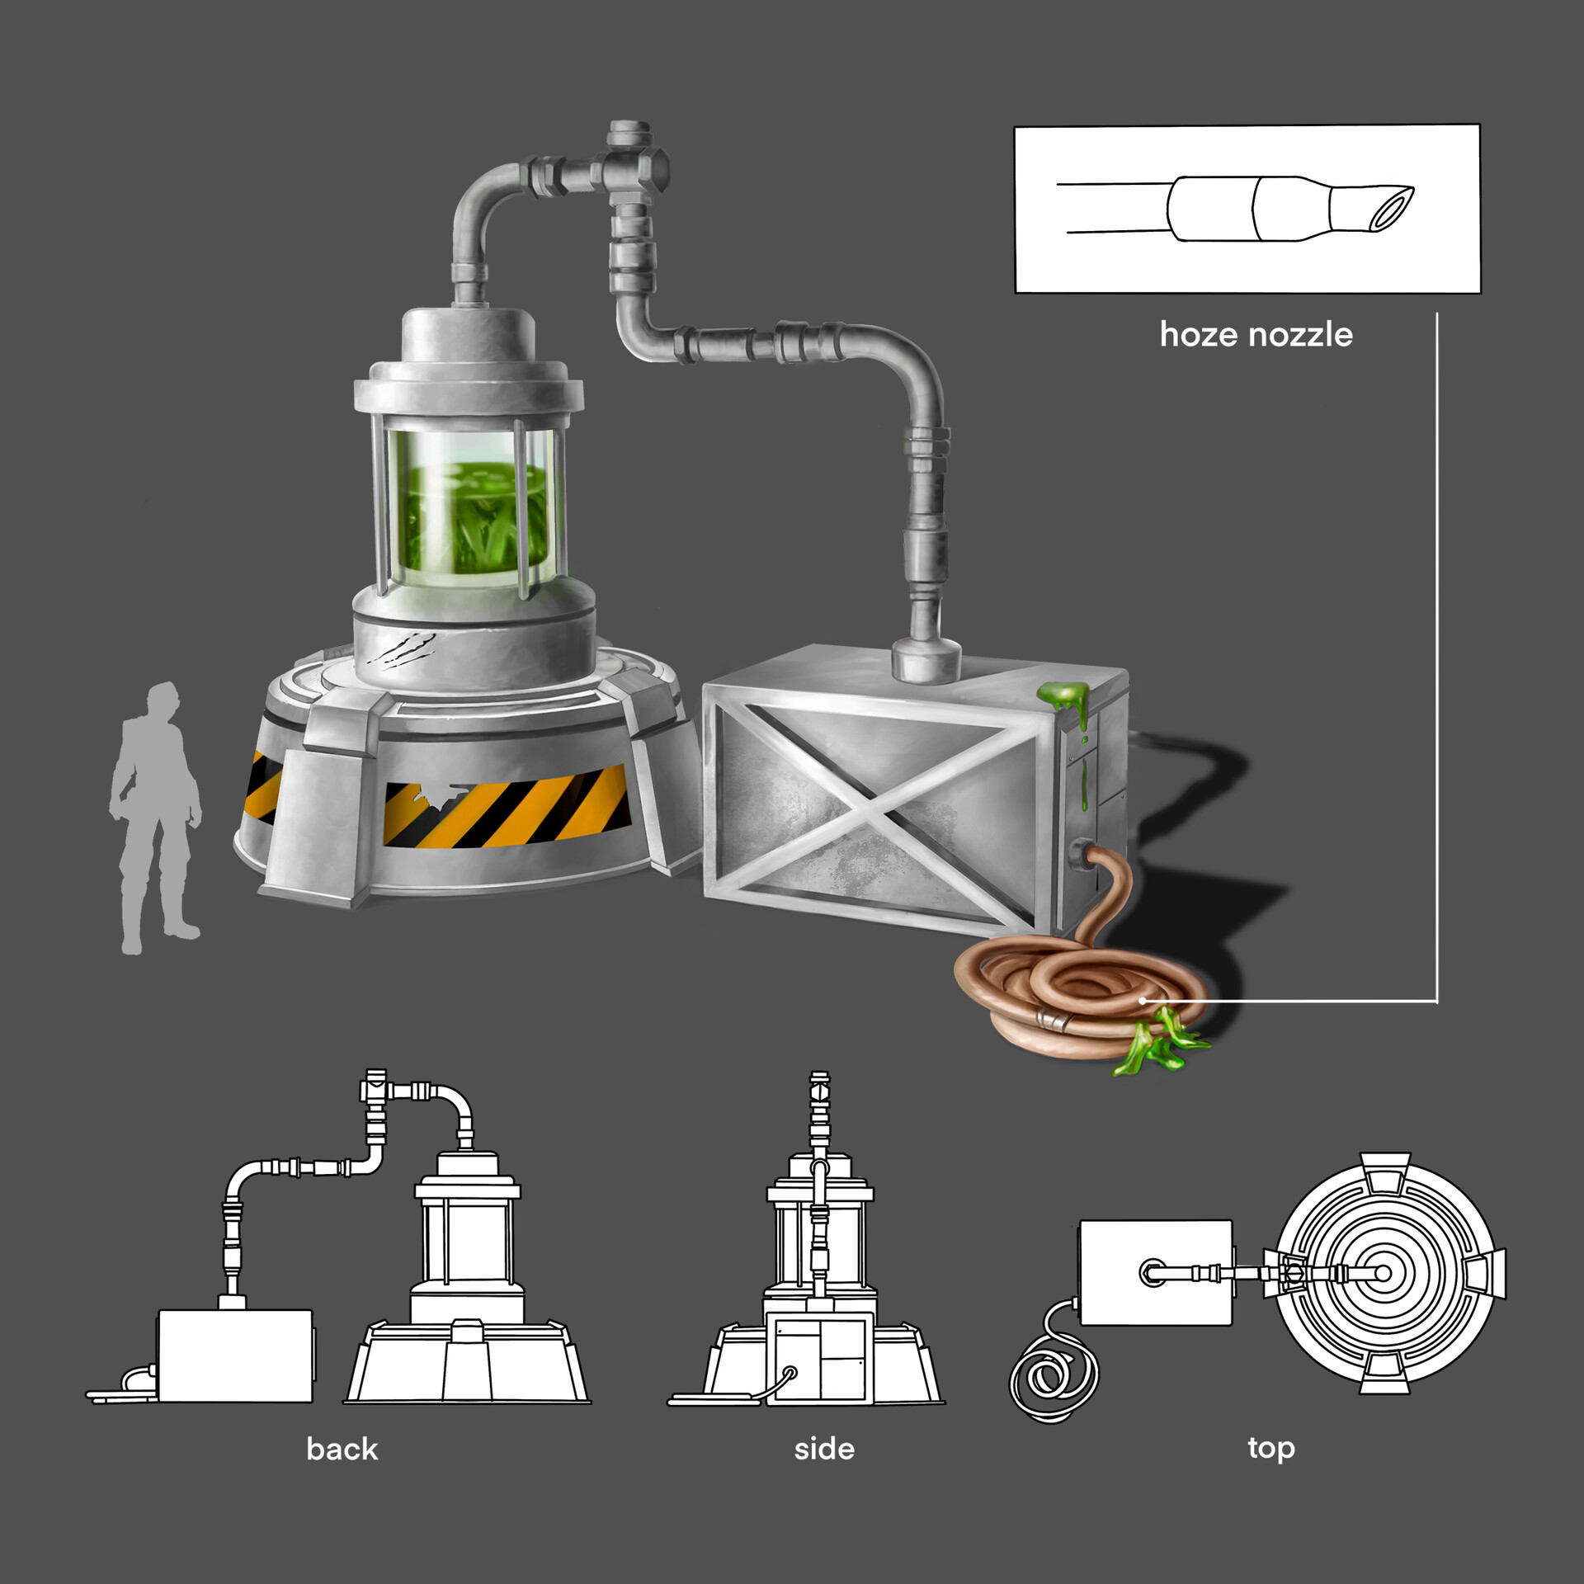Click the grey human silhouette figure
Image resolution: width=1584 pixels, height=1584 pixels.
point(155,817)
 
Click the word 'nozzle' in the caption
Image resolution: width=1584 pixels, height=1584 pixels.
point(1301,335)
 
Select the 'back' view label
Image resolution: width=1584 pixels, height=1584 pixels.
point(342,1450)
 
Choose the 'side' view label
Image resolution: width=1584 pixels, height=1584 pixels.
point(824,1450)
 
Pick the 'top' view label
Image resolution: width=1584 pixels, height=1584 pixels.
point(1271,1450)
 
